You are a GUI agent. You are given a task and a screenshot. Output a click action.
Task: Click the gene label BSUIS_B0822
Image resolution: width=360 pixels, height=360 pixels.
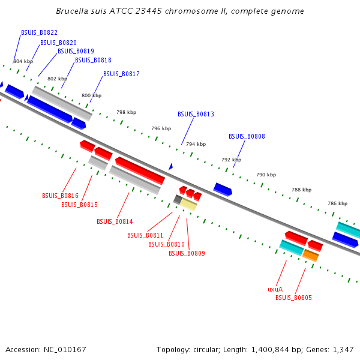pyautogui.click(x=39, y=33)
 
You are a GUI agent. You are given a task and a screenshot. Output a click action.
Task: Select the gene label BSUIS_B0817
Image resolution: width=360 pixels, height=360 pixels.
pyautogui.click(x=121, y=74)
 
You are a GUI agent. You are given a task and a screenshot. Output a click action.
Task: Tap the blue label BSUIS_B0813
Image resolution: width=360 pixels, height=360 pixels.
pyautogui.click(x=196, y=114)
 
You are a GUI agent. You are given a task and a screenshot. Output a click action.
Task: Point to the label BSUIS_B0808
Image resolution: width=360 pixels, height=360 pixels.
pyautogui.click(x=247, y=136)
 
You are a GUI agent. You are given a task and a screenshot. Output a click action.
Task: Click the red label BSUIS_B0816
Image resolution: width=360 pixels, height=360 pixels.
pyautogui.click(x=60, y=196)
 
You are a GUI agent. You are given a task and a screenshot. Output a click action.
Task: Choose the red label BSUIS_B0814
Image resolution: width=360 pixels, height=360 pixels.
pyautogui.click(x=115, y=221)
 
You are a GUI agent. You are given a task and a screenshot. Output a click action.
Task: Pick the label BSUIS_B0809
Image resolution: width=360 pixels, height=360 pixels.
pyautogui.click(x=187, y=253)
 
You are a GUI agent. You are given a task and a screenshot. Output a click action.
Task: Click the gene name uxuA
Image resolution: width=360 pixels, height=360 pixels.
pyautogui.click(x=275, y=289)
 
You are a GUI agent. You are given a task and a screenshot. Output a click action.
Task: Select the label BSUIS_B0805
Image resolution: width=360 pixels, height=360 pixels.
pyautogui.click(x=293, y=298)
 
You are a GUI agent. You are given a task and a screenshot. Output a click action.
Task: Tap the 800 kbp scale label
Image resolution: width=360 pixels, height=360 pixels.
pyautogui.click(x=92, y=96)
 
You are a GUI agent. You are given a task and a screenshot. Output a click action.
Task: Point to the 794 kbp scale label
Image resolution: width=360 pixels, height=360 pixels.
pyautogui.click(x=196, y=145)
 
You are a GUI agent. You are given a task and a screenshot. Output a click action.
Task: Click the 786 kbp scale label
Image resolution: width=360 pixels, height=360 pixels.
pyautogui.click(x=337, y=203)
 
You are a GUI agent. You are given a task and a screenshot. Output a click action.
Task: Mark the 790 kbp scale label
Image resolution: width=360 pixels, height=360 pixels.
pyautogui.click(x=266, y=175)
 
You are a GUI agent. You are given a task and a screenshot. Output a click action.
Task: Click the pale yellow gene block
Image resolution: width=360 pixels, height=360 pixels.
pyautogui.click(x=188, y=205)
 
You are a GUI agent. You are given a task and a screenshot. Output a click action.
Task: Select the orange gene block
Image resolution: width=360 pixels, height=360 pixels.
pyautogui.click(x=310, y=256)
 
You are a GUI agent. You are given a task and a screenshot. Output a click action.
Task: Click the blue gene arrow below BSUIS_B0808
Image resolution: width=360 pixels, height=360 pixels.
pyautogui.click(x=223, y=190)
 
